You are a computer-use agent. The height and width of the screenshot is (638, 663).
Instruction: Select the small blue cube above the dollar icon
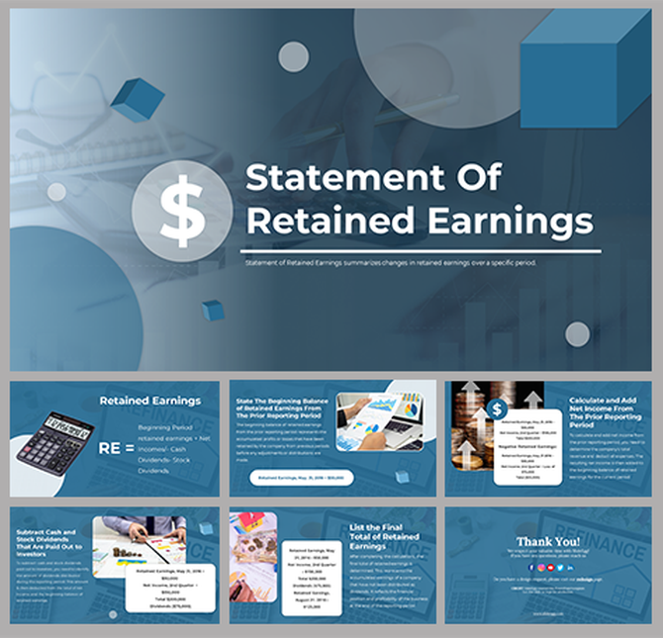click(138, 99)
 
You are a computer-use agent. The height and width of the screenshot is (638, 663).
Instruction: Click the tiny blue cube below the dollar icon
click(213, 311)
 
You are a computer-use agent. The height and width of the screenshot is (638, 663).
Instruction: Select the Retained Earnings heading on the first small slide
click(149, 401)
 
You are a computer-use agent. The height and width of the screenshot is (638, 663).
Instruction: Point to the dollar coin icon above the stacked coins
click(497, 408)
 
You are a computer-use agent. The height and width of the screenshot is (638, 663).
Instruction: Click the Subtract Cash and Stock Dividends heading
click(49, 544)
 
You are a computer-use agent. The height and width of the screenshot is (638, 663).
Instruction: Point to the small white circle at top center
click(294, 57)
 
